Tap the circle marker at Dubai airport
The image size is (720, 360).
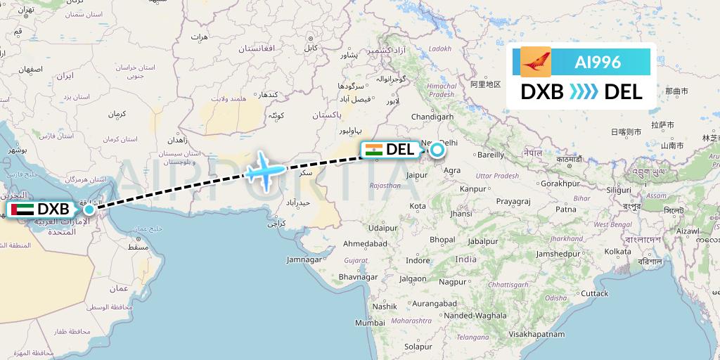click(x=89, y=209)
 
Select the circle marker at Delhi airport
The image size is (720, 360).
click(x=437, y=149)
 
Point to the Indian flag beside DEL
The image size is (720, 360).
click(x=373, y=149)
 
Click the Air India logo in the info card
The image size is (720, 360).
click(x=536, y=62)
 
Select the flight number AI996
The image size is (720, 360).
click(x=598, y=62)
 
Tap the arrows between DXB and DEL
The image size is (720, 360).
click(x=584, y=91)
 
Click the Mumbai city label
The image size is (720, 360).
click(x=370, y=323)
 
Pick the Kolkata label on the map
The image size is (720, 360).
click(x=617, y=250)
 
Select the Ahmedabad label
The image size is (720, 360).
click(x=365, y=243)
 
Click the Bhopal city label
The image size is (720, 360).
click(x=442, y=239)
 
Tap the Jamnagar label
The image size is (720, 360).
click(x=304, y=259)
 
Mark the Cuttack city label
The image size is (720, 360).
click(x=594, y=292)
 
